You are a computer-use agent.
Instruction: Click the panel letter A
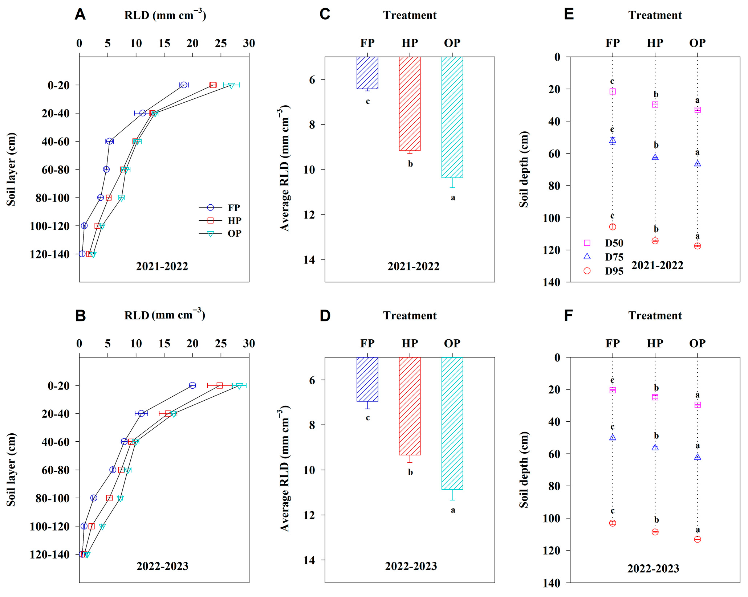click(80, 15)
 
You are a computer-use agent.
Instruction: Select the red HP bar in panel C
click(410, 103)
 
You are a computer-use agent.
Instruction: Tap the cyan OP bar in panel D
click(452, 423)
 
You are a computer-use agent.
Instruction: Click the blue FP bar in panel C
click(367, 73)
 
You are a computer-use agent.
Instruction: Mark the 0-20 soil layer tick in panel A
click(58, 85)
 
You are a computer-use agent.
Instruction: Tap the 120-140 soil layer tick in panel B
click(50, 555)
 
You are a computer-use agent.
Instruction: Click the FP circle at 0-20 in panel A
click(184, 85)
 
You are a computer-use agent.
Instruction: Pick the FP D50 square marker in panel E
click(613, 91)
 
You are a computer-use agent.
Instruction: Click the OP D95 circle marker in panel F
click(698, 539)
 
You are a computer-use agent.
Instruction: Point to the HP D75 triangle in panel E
click(655, 157)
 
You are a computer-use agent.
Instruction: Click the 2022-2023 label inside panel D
click(411, 566)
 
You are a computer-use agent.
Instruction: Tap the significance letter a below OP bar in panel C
click(453, 198)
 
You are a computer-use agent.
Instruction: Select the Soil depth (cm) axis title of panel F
click(524, 470)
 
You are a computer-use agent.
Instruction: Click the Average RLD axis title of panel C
click(285, 168)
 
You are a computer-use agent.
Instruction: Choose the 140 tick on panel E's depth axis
click(552, 282)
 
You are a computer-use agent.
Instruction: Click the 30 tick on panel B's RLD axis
click(249, 343)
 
